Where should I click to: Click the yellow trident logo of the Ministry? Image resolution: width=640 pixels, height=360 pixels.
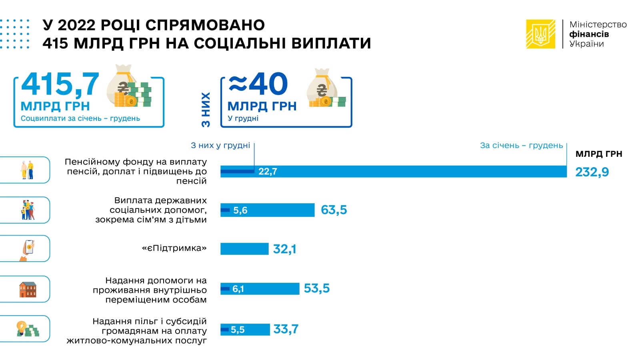[x=540, y=34]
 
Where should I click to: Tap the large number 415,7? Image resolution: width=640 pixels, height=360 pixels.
[x=60, y=84]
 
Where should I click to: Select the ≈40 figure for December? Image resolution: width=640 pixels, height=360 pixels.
[x=258, y=84]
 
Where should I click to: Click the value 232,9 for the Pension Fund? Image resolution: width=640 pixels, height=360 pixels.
[x=592, y=172]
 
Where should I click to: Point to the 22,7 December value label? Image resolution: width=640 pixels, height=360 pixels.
[x=268, y=172]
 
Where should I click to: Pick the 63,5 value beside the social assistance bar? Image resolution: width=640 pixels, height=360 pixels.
[x=334, y=210]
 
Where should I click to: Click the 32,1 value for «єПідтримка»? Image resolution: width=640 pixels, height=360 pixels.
[x=284, y=249]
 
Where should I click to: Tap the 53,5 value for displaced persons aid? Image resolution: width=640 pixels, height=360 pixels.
[x=316, y=288]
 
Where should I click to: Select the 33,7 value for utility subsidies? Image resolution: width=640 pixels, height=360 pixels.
[x=286, y=329]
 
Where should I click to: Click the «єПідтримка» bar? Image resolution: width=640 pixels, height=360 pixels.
[x=244, y=249]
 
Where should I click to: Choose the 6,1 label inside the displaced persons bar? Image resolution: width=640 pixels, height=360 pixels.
[x=238, y=289]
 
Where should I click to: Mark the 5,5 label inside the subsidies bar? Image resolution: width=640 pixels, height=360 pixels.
[x=238, y=330]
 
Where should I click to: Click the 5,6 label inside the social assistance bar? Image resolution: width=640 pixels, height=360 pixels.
[x=240, y=210]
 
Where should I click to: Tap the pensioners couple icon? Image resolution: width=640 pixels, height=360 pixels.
[x=27, y=170]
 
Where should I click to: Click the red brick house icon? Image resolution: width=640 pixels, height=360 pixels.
[x=28, y=290]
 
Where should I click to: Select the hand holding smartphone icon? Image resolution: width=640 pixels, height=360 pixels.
[x=28, y=250]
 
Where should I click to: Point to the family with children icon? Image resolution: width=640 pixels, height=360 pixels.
[x=28, y=210]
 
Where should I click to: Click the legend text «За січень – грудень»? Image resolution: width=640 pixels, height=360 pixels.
[x=521, y=146]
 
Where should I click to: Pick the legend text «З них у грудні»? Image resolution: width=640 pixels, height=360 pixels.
[x=220, y=146]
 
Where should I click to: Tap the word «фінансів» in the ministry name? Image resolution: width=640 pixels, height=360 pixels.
[x=589, y=34]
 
